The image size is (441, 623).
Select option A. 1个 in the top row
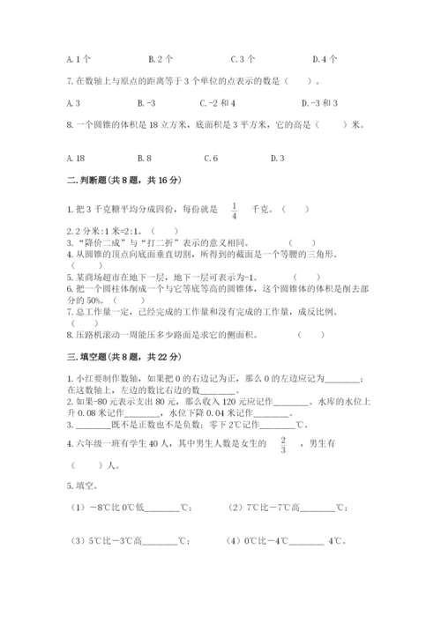78,60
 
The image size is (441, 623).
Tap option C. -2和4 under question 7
246,102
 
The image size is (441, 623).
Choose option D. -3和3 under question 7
333,102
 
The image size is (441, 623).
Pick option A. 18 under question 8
78,158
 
